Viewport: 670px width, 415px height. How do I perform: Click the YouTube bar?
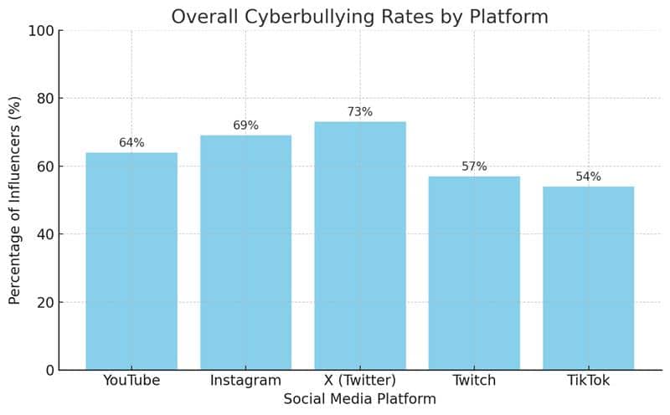131,261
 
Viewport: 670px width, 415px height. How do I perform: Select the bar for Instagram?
245,252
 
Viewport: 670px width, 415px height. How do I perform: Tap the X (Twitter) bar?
360,245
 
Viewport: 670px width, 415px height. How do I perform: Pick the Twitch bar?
474,273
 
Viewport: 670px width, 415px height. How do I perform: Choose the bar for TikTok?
588,278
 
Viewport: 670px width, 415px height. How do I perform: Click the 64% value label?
131,143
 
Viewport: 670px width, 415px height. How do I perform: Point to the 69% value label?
245,126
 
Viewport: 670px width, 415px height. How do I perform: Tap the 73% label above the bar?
360,112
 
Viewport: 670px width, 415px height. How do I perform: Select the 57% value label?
474,167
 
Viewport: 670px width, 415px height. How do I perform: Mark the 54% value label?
588,177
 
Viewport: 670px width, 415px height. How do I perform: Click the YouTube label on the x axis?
131,381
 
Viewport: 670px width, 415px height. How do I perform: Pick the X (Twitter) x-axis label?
360,381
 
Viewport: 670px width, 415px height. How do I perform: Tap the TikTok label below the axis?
588,381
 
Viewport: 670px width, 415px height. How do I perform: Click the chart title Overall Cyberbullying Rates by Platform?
360,17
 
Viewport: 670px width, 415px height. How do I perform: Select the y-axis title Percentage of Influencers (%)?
15,201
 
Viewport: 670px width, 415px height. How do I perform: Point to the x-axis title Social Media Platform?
360,399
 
